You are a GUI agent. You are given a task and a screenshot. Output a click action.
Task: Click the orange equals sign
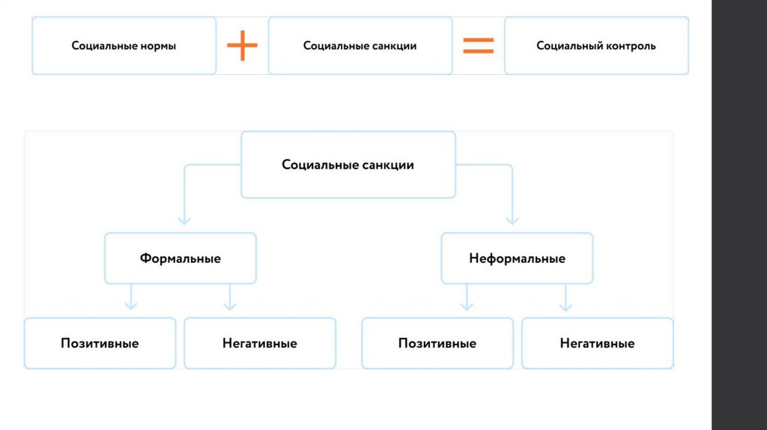click(478, 45)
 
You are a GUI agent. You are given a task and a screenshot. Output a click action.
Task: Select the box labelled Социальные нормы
click(124, 46)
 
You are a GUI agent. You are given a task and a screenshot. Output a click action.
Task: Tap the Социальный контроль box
click(596, 46)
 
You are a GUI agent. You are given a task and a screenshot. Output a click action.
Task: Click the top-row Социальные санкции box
click(360, 46)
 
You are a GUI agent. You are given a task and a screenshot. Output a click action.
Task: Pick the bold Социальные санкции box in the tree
click(348, 165)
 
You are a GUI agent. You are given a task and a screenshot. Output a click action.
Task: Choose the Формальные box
click(181, 258)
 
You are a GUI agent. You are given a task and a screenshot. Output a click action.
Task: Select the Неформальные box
click(517, 258)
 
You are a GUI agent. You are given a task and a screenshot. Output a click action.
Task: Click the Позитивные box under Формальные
click(100, 343)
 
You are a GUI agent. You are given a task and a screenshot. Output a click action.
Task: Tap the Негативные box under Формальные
click(260, 343)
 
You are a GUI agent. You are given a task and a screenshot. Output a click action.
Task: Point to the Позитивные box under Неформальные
click(437, 343)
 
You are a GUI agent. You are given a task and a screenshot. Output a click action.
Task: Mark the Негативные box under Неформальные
click(597, 343)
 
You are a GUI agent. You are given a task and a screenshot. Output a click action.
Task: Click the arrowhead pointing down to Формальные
click(184, 219)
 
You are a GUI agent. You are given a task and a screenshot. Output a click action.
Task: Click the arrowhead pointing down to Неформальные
click(512, 219)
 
